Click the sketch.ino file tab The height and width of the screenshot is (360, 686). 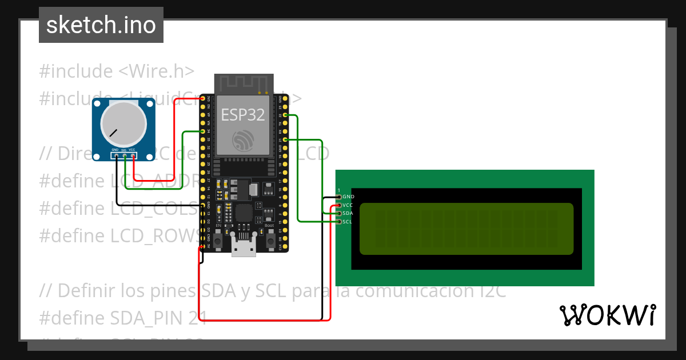pyautogui.click(x=101, y=25)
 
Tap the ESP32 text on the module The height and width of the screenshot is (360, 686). pyautogui.click(x=243, y=115)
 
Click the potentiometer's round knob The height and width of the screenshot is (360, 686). pyautogui.click(x=123, y=124)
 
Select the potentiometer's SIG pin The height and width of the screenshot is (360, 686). pyautogui.click(x=125, y=154)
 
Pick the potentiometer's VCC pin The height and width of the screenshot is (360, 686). pyautogui.click(x=133, y=154)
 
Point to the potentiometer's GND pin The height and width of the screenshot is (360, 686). pyautogui.click(x=116, y=154)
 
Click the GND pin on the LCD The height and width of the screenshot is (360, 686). pyautogui.click(x=339, y=197)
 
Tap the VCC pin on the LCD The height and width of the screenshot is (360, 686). pyautogui.click(x=339, y=205)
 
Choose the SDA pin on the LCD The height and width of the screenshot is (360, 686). pyautogui.click(x=339, y=213)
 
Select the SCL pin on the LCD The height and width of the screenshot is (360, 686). pyautogui.click(x=339, y=221)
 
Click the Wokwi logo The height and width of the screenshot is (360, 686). pyautogui.click(x=607, y=315)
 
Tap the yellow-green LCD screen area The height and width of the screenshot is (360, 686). pyautogui.click(x=466, y=229)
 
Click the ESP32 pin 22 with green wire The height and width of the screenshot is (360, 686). pyautogui.click(x=285, y=115)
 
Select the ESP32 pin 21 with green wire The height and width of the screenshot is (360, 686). pyautogui.click(x=285, y=139)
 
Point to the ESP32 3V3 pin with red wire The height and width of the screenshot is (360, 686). pyautogui.click(x=202, y=99)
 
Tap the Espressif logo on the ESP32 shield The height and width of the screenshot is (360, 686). pyautogui.click(x=244, y=141)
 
